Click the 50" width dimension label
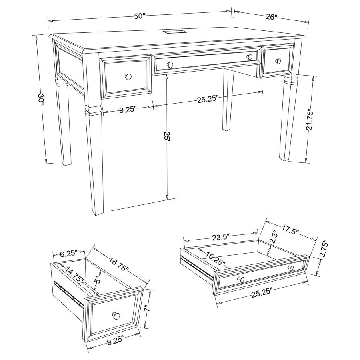pos(140,16)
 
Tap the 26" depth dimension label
pos(272,17)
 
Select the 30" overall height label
pos(41,99)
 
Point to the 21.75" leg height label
pos(310,119)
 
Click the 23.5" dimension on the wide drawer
pos(221,237)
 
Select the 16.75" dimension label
pos(120,264)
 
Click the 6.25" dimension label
pos(68,253)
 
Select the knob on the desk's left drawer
pos(128,76)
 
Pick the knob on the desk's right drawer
pos(278,61)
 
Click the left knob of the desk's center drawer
pos(170,64)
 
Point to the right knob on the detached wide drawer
pos(291,268)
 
